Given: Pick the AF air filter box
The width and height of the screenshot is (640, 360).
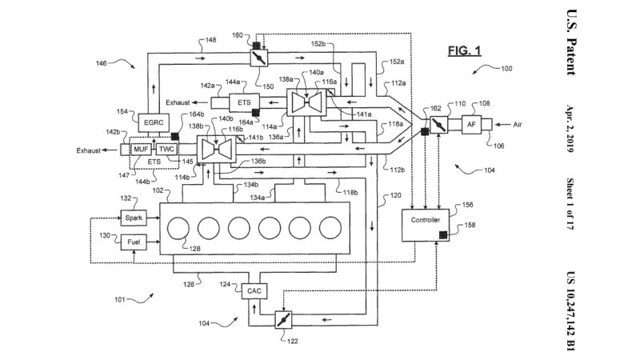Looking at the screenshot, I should tap(472, 125).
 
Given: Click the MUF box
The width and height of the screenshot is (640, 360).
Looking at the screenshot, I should tap(142, 150).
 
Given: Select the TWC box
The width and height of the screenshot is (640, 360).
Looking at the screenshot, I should tap(166, 150).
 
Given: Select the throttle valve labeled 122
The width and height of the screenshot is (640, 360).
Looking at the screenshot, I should tap(280, 320).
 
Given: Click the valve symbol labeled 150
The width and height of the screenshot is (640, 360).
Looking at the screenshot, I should tap(258, 59).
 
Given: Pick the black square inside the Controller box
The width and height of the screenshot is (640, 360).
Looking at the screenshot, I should tap(442, 234).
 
